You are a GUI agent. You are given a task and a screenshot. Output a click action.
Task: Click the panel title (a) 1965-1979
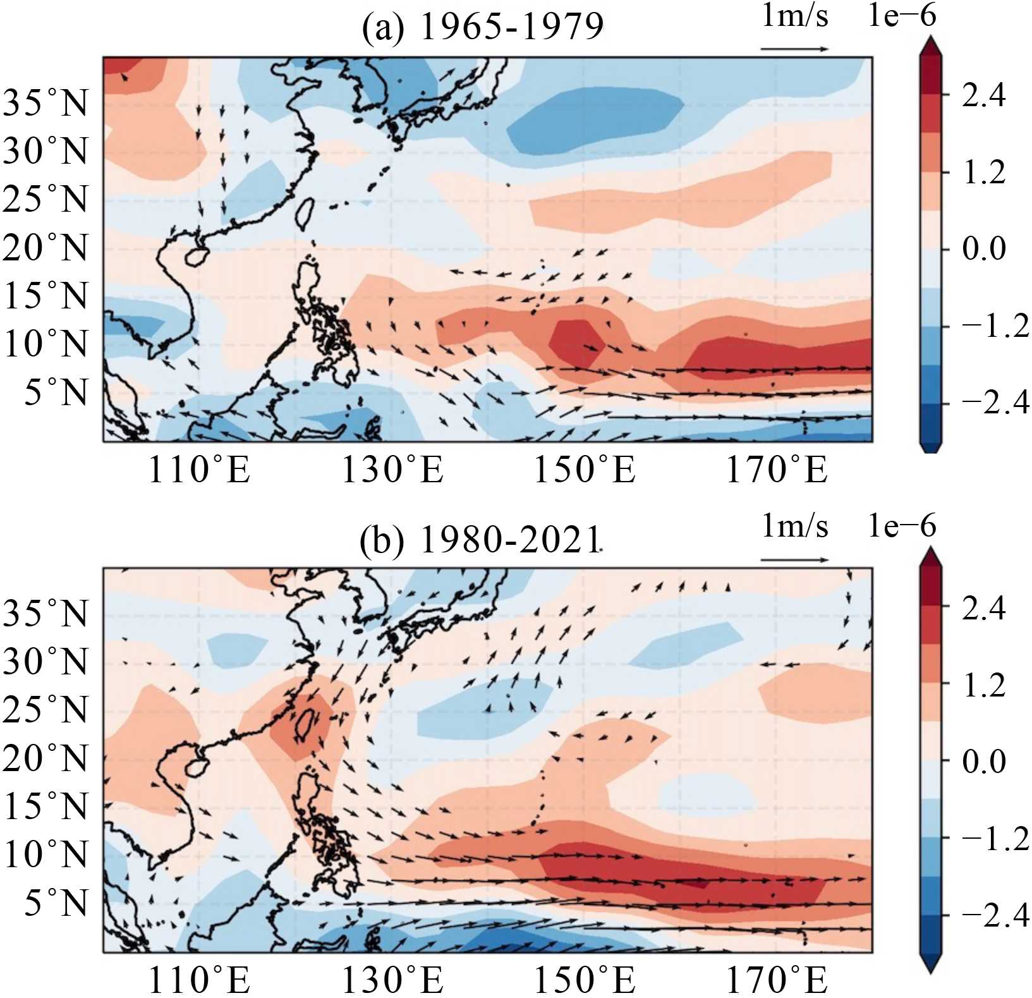click(482, 28)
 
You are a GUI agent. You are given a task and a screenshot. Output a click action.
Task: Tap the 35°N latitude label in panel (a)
click(46, 102)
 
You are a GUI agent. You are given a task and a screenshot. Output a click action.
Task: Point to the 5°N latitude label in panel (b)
click(56, 903)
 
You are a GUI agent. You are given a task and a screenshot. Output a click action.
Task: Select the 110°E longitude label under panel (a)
click(199, 470)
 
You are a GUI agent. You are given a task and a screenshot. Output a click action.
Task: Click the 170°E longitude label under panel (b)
click(777, 980)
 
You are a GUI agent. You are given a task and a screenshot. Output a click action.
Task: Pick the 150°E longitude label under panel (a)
click(585, 470)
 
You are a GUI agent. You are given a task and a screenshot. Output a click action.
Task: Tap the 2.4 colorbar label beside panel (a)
click(983, 95)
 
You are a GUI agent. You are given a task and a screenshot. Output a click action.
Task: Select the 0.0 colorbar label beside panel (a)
click(983, 248)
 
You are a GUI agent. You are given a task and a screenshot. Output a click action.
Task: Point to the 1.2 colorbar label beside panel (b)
click(983, 685)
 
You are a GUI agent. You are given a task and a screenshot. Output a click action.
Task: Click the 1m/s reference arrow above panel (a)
click(794, 49)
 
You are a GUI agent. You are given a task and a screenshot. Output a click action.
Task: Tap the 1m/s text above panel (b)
click(794, 526)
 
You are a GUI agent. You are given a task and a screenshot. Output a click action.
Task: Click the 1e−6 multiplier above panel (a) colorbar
click(901, 16)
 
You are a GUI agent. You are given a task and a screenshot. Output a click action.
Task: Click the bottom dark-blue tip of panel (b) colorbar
click(931, 963)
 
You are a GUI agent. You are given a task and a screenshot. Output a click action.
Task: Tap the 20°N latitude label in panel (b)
click(46, 758)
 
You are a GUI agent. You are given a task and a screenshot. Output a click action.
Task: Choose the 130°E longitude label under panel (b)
click(392, 980)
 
